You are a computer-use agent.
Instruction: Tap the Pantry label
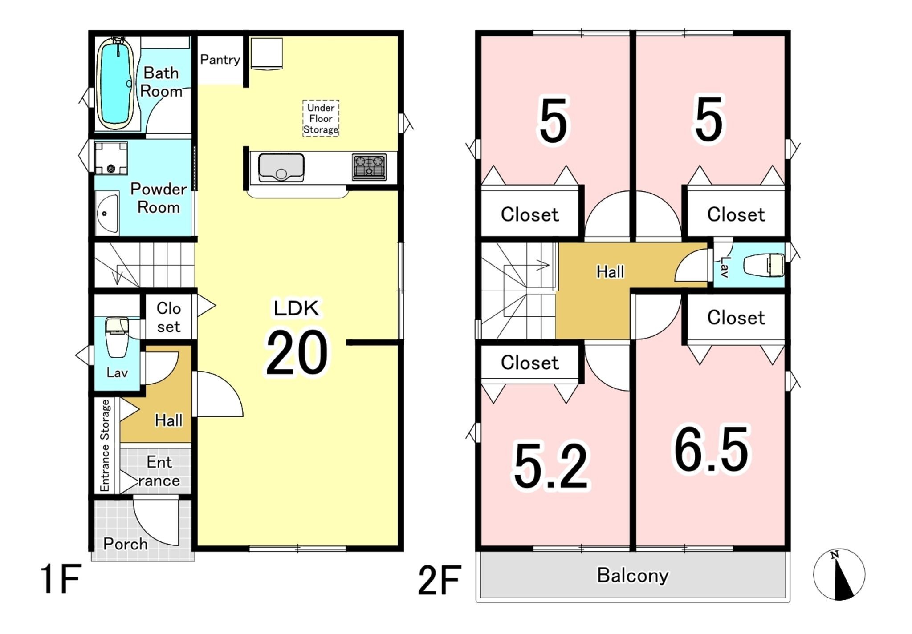click(x=220, y=60)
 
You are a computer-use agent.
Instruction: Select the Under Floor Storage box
click(x=321, y=118)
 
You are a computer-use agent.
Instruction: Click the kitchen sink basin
click(x=281, y=167)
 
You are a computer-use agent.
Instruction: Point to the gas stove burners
click(x=369, y=167)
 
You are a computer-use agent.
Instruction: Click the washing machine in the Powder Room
click(x=111, y=158)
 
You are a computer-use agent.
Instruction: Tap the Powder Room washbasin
click(x=107, y=213)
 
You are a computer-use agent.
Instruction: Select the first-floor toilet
click(x=117, y=337)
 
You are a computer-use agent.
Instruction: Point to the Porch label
click(x=125, y=544)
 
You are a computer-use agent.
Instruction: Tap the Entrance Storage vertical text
click(x=105, y=445)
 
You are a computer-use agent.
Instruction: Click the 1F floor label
click(x=61, y=579)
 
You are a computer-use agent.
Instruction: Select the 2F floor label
click(x=440, y=580)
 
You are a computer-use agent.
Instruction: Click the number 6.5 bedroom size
click(x=712, y=449)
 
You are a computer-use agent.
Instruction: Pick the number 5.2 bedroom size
click(x=551, y=466)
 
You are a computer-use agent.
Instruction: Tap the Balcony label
click(x=633, y=575)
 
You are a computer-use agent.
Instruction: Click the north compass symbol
click(x=839, y=574)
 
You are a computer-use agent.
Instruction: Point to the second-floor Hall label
click(x=610, y=271)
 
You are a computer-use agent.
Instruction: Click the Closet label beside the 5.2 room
click(x=529, y=363)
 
